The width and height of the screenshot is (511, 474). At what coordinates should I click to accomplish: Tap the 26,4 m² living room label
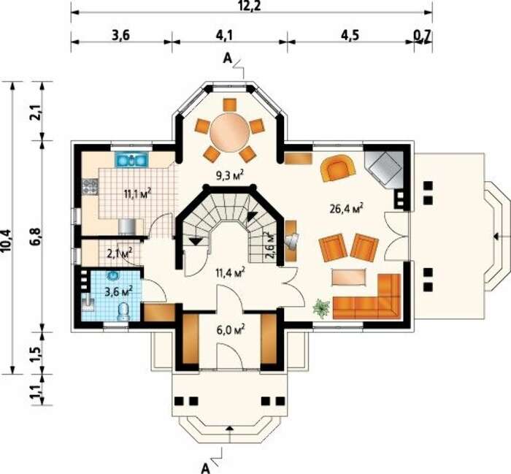click(x=347, y=208)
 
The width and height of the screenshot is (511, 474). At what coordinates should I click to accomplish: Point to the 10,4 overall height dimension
click(x=7, y=241)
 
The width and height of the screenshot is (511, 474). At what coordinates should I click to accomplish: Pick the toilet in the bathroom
click(x=123, y=311)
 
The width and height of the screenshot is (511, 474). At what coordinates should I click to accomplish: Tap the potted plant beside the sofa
click(x=322, y=309)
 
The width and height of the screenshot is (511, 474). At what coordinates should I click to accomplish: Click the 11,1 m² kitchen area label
click(x=137, y=194)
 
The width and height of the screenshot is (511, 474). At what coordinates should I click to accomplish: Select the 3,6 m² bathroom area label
click(x=118, y=291)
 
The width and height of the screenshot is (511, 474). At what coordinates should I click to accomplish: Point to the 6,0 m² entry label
click(x=231, y=330)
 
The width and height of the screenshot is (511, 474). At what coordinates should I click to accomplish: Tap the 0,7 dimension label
click(x=423, y=35)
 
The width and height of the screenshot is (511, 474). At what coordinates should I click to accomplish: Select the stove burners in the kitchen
click(x=91, y=187)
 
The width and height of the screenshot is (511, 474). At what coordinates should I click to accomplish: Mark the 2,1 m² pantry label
click(x=120, y=253)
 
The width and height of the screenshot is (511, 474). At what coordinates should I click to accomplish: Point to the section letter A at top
click(x=227, y=58)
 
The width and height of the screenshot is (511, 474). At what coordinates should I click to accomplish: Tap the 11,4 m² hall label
click(x=231, y=272)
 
